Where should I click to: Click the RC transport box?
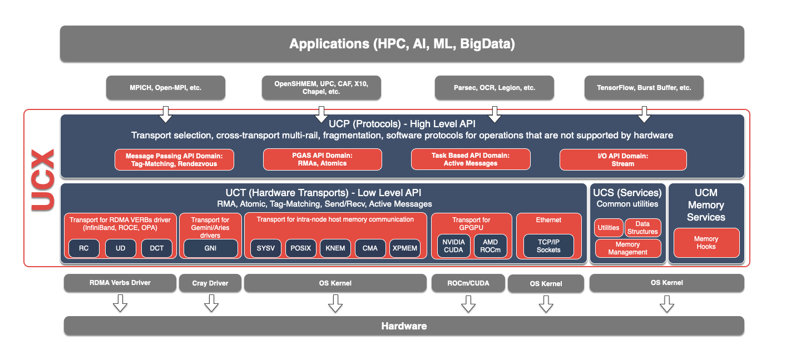click(x=83, y=248)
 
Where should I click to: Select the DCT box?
click(x=157, y=248)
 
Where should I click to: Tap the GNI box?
click(x=210, y=248)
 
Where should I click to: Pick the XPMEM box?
click(x=405, y=248)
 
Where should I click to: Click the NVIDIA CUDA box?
click(x=454, y=246)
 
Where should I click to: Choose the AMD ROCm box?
click(x=491, y=246)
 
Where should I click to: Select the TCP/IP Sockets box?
click(x=548, y=246)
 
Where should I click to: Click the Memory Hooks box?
click(x=706, y=243)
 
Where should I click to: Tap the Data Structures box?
click(x=642, y=228)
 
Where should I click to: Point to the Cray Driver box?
click(x=210, y=283)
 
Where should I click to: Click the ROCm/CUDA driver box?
click(x=468, y=283)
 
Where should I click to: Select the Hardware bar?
click(x=404, y=326)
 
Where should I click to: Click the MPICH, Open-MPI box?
click(x=166, y=88)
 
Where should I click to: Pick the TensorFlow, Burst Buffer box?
click(x=644, y=88)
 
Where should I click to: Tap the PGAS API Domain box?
click(x=323, y=159)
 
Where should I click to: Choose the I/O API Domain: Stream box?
click(x=623, y=160)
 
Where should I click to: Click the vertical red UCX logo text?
click(x=42, y=179)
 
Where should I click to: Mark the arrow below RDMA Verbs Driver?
click(x=120, y=303)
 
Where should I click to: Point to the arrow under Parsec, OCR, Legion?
click(x=495, y=115)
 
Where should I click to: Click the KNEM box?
click(x=335, y=248)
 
